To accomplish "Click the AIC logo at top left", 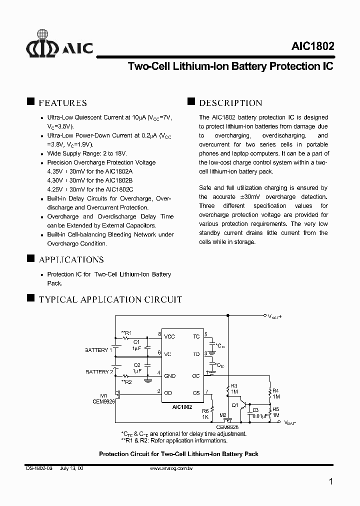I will (59, 43).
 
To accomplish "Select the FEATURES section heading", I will (62, 103).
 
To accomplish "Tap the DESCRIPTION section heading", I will (230, 103).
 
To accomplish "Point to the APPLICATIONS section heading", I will (71, 259).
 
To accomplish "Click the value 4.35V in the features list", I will (54, 171).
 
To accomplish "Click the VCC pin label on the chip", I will (169, 336).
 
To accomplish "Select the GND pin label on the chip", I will (169, 375).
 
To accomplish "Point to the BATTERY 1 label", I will (98, 350).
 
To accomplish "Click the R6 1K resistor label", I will (205, 413).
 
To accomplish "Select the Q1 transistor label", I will (234, 406).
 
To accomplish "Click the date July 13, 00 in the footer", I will (71, 468).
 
